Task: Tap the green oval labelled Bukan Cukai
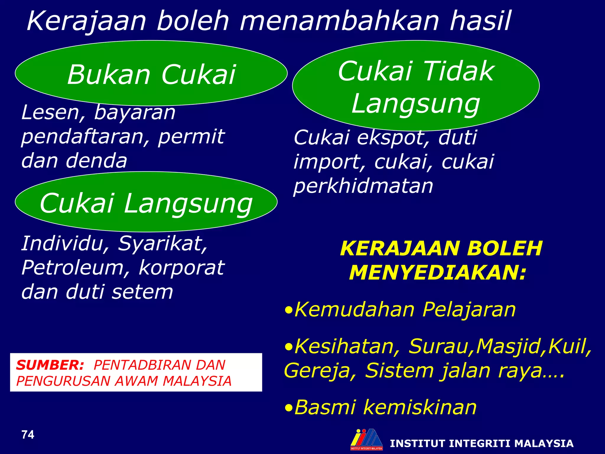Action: (151, 73)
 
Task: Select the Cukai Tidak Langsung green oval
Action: (416, 86)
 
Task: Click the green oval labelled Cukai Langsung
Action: (146, 202)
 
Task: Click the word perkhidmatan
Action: (363, 186)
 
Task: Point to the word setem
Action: (142, 292)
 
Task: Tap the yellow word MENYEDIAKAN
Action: (438, 273)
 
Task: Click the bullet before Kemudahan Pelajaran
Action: (289, 311)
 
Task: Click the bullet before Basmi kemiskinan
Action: (289, 408)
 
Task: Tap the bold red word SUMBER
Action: (50, 365)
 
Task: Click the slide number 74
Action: (28, 435)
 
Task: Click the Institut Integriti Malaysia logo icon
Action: (366, 439)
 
